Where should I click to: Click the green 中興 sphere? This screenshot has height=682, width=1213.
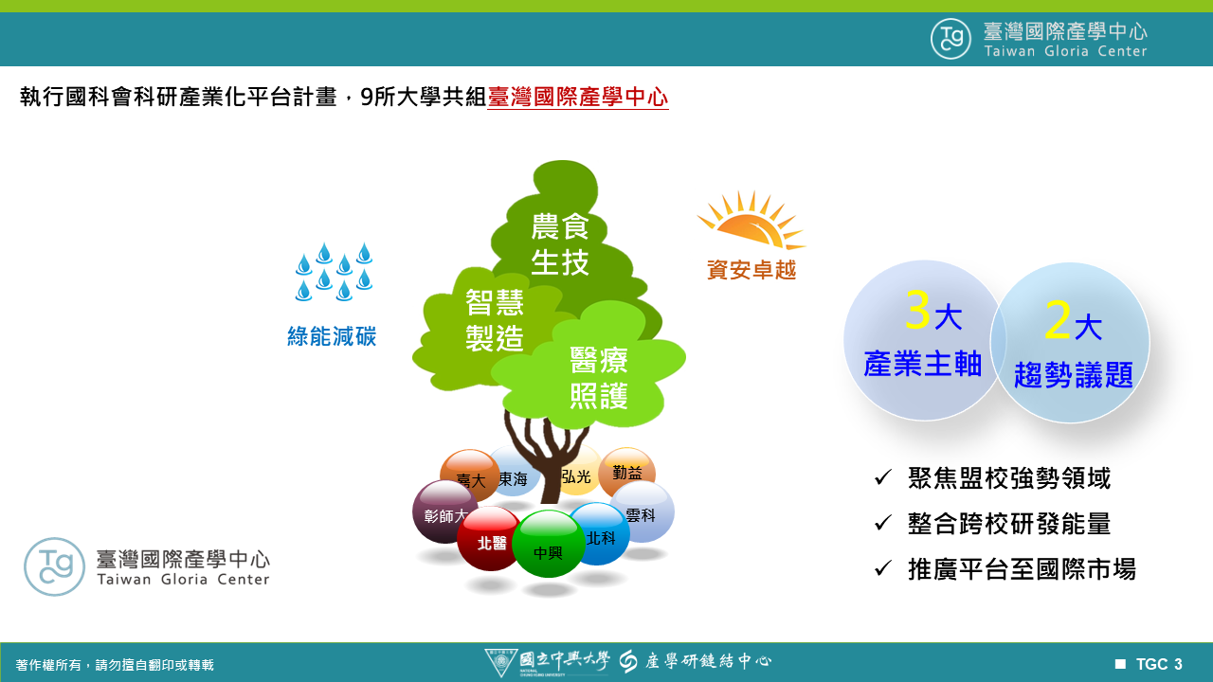coord(548,544)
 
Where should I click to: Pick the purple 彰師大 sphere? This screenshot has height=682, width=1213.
coord(444,511)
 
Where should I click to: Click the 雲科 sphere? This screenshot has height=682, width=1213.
coord(643,511)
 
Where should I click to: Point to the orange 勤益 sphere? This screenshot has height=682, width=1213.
coord(627,472)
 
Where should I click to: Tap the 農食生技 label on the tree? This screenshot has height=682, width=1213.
coord(560,243)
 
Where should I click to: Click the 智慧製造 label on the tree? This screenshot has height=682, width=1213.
coord(495,320)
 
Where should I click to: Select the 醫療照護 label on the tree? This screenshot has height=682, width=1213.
coord(599,377)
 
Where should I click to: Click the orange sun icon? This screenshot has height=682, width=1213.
coord(751,221)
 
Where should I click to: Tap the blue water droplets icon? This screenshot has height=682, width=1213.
coord(334,271)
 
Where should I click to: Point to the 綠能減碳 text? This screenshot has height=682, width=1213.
coord(332,336)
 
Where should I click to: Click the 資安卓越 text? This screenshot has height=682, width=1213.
coord(751,270)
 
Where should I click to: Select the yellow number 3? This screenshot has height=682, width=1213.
coord(917,310)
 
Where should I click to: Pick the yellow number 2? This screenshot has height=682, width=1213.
coord(1058,320)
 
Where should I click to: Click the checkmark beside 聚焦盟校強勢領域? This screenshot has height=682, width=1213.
coord(882,477)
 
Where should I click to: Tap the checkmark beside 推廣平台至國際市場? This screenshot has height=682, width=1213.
coord(882,567)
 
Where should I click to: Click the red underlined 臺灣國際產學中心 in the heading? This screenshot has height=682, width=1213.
coord(578,98)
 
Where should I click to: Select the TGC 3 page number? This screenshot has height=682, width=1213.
coord(1159,664)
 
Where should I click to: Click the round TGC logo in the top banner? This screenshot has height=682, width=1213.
coord(950,39)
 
